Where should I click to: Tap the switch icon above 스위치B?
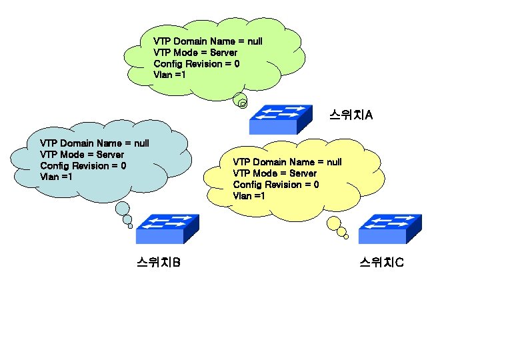point(167,229)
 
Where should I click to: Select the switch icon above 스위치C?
point(390,229)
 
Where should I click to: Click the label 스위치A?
point(351,115)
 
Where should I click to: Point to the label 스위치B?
point(159,263)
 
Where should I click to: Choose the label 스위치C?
point(381,263)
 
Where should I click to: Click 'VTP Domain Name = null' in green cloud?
point(207,41)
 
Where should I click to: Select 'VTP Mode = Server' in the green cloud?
point(195,53)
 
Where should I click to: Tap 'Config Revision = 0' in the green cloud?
point(196,64)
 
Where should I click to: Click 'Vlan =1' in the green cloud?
point(169,75)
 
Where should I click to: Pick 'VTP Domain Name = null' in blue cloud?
point(94,143)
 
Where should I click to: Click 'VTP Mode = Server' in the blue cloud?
point(81,155)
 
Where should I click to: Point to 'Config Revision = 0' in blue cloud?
point(83,166)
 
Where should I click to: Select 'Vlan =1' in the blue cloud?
point(56,177)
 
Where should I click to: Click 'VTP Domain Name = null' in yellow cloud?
point(287,162)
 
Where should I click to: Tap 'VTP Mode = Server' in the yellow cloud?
point(274,173)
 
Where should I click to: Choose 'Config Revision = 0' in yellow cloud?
point(275,185)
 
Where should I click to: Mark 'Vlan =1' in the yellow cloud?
point(249,196)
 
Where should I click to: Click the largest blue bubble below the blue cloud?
point(123,209)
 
